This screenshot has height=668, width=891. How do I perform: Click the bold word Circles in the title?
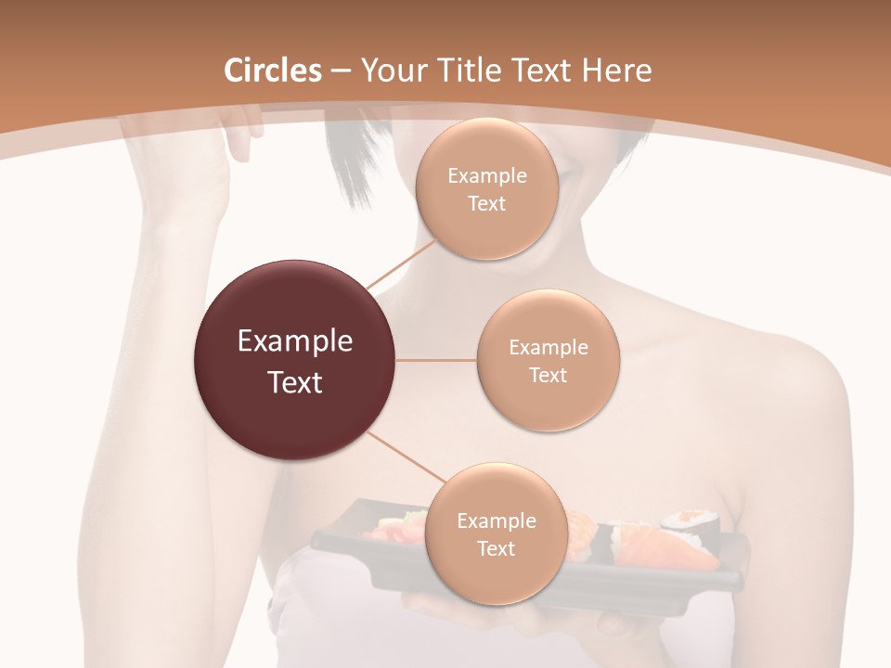(273, 71)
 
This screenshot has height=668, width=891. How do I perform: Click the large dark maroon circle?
(294, 360)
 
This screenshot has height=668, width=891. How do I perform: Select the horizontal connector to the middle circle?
(435, 360)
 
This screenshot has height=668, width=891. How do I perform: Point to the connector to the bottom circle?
(405, 457)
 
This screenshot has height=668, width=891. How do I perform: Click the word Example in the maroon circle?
(294, 341)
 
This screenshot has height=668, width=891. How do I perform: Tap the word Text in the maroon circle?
(294, 382)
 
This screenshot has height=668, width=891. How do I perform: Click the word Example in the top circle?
(486, 176)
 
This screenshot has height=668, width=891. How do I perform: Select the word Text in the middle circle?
(548, 376)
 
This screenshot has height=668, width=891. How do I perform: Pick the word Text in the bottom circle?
(496, 549)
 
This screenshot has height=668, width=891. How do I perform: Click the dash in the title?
(340, 71)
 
